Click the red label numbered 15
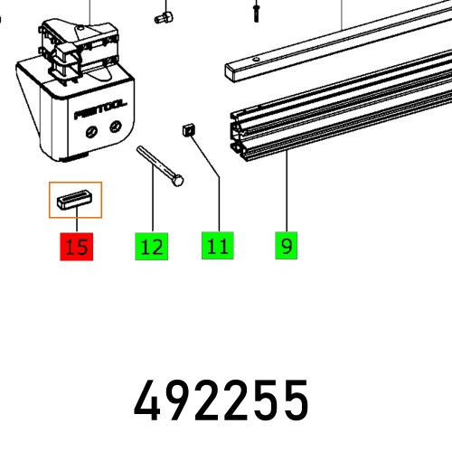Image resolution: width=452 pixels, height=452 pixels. click(x=78, y=246)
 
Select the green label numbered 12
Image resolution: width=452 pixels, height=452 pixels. click(x=153, y=246)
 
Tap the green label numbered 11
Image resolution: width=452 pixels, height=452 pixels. click(x=218, y=246)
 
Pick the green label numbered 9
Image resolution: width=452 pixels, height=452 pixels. click(x=286, y=246)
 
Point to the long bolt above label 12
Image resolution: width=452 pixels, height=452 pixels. click(x=158, y=165)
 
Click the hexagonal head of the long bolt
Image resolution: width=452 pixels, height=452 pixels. click(x=178, y=181)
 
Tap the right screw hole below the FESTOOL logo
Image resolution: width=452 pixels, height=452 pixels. click(x=113, y=128)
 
